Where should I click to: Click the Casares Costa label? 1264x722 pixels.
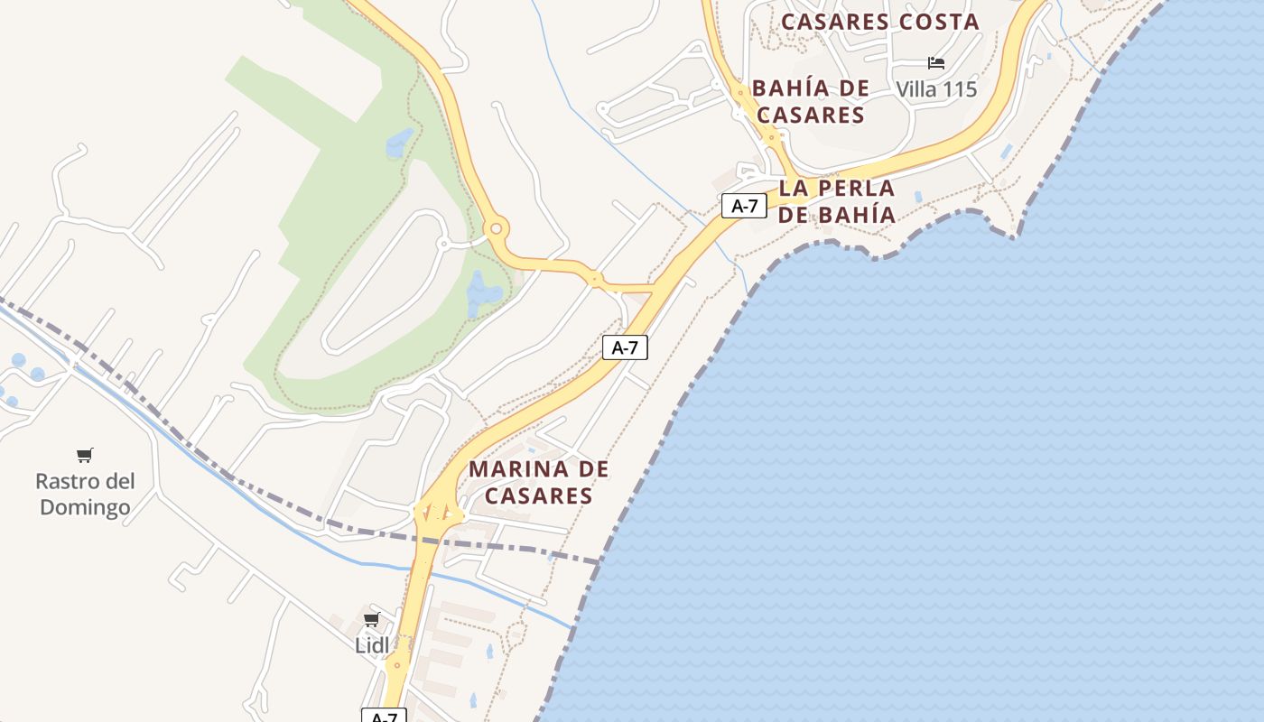(x=880, y=22)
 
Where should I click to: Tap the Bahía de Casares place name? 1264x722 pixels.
(x=811, y=101)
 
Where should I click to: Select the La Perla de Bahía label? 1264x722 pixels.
(x=837, y=201)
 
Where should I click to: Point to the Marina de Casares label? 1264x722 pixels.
(x=539, y=482)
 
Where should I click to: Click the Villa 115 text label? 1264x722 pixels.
(x=936, y=89)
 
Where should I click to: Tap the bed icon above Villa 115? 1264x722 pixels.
(x=936, y=63)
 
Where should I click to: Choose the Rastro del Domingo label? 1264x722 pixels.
(x=85, y=494)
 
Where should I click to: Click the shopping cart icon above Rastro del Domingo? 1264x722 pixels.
(x=85, y=455)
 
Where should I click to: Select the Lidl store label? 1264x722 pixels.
(x=372, y=645)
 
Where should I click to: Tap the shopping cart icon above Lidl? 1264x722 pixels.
(x=371, y=619)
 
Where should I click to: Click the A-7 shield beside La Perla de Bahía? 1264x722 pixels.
(x=744, y=206)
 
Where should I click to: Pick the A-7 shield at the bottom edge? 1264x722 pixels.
(x=384, y=716)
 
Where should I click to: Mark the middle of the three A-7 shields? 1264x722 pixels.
(x=625, y=347)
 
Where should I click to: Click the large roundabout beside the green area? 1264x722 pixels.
(x=495, y=228)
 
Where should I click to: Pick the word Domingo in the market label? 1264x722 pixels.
(x=85, y=507)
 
